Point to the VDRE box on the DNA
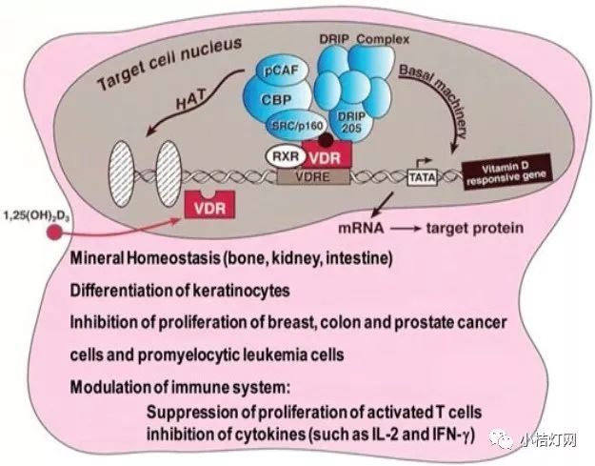tap(309, 175)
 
